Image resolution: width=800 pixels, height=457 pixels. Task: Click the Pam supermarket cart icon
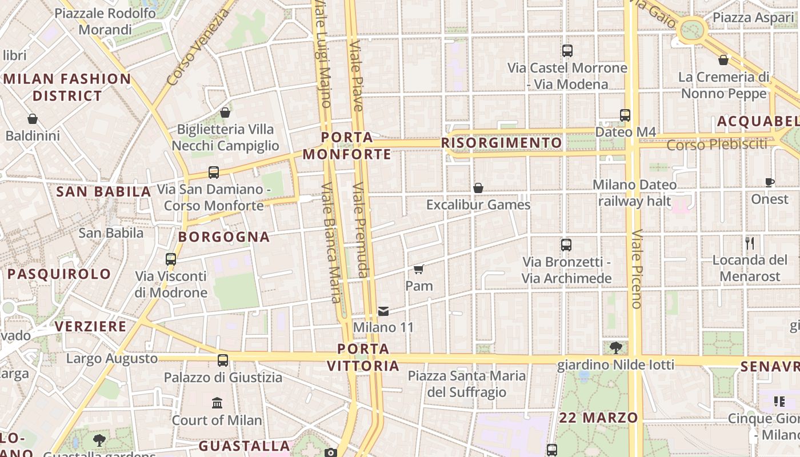click(x=419, y=269)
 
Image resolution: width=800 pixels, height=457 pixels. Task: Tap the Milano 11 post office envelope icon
click(x=383, y=311)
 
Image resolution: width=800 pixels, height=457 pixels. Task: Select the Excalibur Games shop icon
click(x=478, y=188)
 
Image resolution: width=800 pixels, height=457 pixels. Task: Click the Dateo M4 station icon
click(x=625, y=115)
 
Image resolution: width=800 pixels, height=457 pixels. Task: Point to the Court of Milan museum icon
click(x=217, y=403)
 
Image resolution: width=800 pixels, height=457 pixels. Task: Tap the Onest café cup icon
click(x=770, y=183)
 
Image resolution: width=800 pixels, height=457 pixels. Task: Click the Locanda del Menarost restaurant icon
click(x=750, y=243)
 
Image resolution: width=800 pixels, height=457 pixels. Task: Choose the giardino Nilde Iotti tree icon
click(x=616, y=347)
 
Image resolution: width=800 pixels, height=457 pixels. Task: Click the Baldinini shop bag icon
click(x=33, y=119)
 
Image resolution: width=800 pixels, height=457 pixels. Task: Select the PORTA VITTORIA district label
click(x=363, y=357)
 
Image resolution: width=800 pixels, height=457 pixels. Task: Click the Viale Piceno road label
click(x=637, y=268)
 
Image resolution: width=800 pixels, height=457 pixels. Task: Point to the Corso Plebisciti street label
click(x=717, y=145)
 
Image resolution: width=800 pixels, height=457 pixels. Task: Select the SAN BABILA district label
click(x=103, y=192)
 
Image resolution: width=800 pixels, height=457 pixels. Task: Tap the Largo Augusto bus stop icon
click(x=223, y=360)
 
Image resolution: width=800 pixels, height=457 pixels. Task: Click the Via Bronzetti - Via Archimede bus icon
click(x=566, y=245)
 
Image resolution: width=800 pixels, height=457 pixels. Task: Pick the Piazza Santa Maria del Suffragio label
click(x=467, y=384)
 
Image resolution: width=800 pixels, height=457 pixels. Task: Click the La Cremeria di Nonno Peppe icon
click(x=723, y=60)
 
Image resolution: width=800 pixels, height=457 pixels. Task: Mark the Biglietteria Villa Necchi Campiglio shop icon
click(x=225, y=113)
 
